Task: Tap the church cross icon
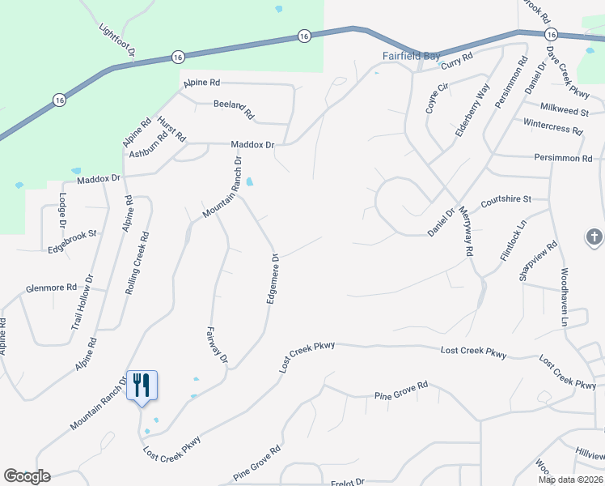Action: click(x=594, y=238)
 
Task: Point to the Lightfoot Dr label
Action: click(x=116, y=37)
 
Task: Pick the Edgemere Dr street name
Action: click(x=273, y=279)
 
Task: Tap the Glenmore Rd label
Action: click(x=51, y=288)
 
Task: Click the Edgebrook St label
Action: click(x=72, y=234)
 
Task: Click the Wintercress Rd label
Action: click(x=553, y=127)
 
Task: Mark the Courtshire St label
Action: click(x=505, y=198)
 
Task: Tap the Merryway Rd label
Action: click(x=465, y=231)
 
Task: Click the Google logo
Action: click(x=27, y=476)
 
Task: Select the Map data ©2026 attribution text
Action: click(x=570, y=480)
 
